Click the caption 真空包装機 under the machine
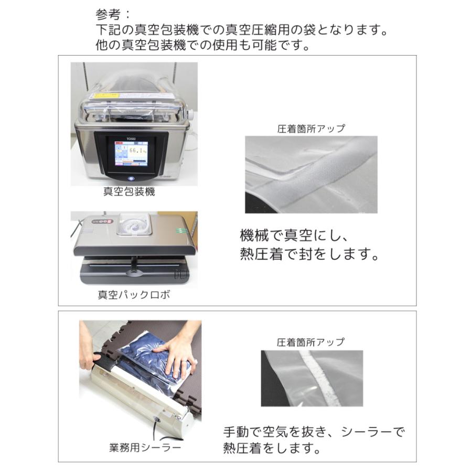129,191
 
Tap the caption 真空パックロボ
134,294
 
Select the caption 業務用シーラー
145,448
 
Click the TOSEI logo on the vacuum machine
131,139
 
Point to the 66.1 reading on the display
136,150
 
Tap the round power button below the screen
131,178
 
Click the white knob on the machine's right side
190,114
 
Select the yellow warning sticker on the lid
107,95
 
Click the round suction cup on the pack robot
133,225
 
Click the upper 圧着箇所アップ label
311,129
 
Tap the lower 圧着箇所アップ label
310,342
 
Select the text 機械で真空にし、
294,235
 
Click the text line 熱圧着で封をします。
309,254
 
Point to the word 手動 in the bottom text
237,432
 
